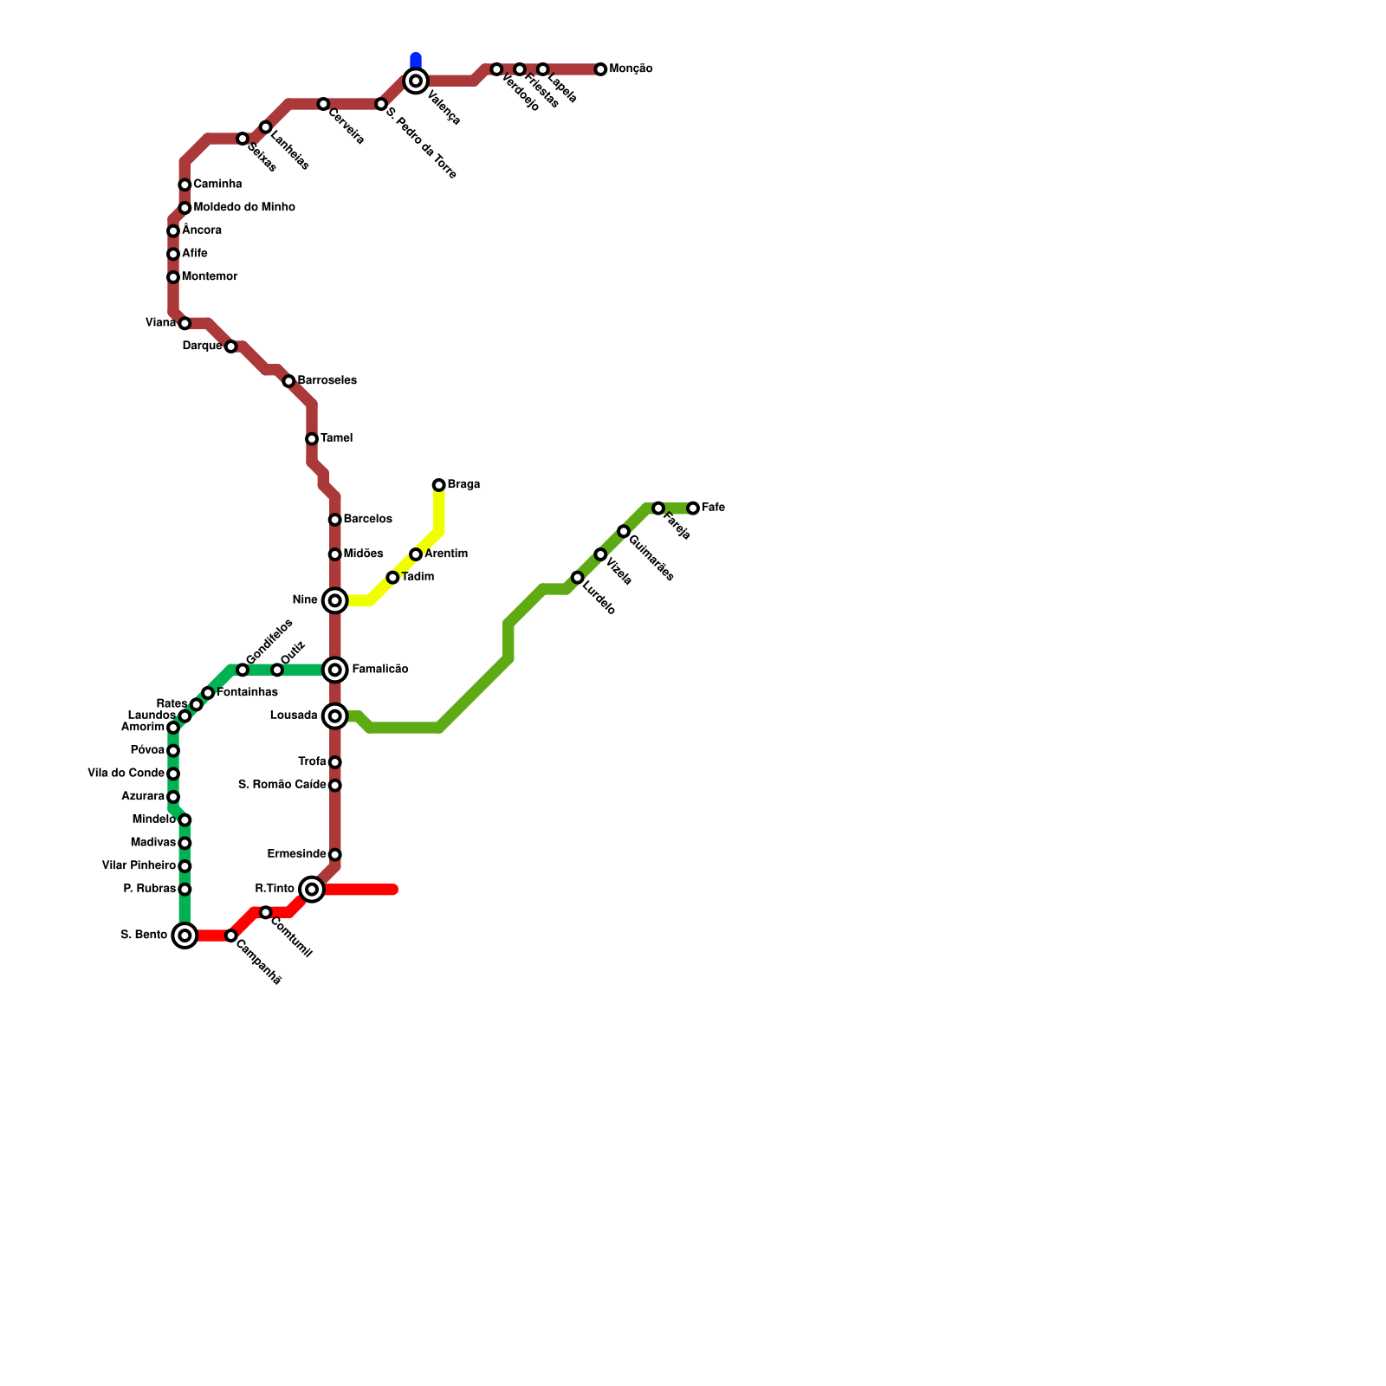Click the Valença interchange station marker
click(x=416, y=81)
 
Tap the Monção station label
click(x=631, y=69)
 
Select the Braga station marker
click(x=439, y=485)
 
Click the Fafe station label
click(x=713, y=508)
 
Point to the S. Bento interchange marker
click(x=185, y=936)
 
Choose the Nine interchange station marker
click(x=334, y=600)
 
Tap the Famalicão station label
click(x=380, y=670)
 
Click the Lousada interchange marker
click(x=334, y=716)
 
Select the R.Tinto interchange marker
click(x=312, y=889)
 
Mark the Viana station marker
click(x=185, y=323)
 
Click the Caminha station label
click(x=217, y=185)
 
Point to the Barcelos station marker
click(x=334, y=520)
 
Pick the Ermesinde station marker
click(x=334, y=855)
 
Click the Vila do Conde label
click(x=126, y=774)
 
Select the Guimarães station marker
click(x=624, y=531)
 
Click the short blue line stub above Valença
click(x=416, y=61)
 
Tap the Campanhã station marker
click(x=231, y=936)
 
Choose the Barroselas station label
click(x=327, y=381)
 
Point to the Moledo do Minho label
click(x=244, y=208)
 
